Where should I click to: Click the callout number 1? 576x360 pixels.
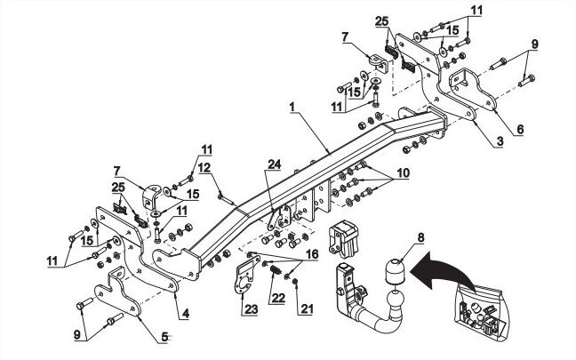(x=292, y=108)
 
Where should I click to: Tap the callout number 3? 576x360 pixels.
(x=499, y=141)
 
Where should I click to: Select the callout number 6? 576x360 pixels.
(x=519, y=129)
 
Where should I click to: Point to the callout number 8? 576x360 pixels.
(x=420, y=237)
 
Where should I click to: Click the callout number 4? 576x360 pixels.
(x=185, y=314)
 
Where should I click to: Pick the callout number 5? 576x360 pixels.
(x=164, y=337)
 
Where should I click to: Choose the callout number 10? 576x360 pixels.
(x=403, y=172)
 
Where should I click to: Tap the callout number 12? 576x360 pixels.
(x=204, y=168)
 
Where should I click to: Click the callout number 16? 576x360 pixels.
(x=312, y=254)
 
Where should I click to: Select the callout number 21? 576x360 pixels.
(x=306, y=309)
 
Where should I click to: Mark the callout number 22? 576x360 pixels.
(x=277, y=298)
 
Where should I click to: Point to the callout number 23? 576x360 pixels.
(x=251, y=309)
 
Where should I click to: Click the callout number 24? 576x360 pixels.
(x=274, y=164)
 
